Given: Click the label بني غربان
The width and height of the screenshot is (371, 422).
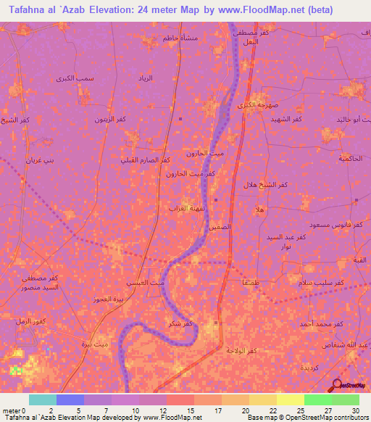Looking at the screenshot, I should click(40, 160).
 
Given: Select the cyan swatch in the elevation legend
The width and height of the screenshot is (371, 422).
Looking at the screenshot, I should click(42, 400).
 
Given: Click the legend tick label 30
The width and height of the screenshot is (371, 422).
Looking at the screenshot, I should click(354, 410).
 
